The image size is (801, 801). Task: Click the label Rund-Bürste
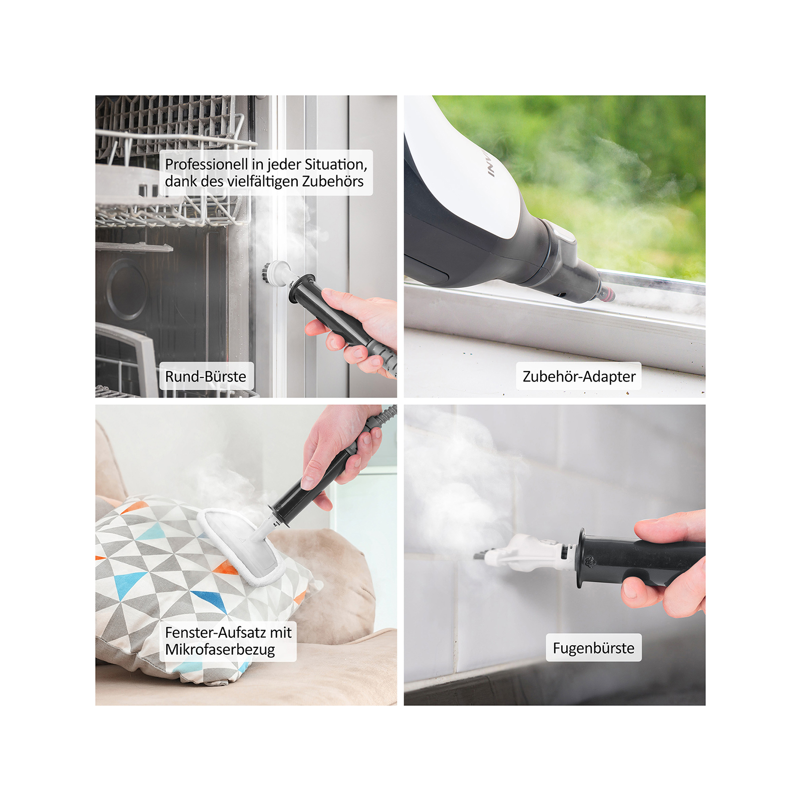(206, 376)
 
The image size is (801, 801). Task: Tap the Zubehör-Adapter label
(579, 376)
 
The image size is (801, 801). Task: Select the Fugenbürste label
(593, 648)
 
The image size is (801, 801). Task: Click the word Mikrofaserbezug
(220, 650)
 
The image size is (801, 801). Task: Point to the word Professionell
(206, 164)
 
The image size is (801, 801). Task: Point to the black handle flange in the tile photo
(581, 558)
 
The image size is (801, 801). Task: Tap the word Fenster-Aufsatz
(216, 633)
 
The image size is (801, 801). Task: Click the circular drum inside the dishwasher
(126, 289)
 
